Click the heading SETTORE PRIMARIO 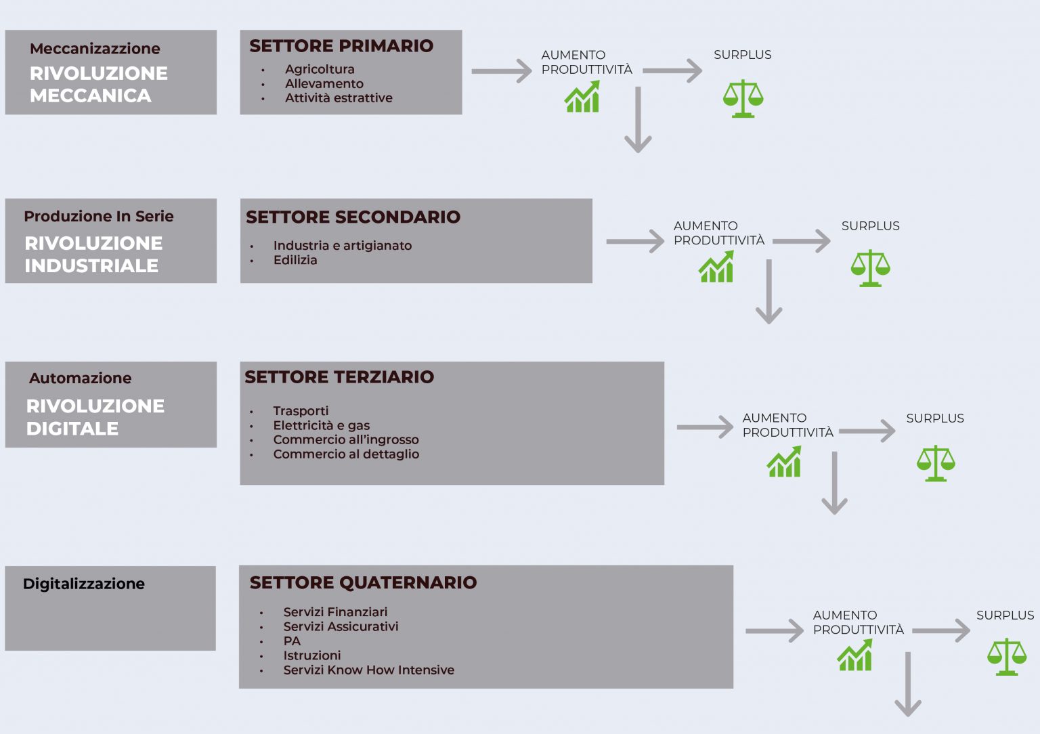pos(341,46)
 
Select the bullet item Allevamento pos(324,83)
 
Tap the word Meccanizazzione pos(95,48)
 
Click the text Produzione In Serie pos(98,217)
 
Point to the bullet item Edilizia pos(295,260)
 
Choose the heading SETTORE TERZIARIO pos(339,377)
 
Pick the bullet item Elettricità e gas pos(322,425)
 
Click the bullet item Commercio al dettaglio pos(346,454)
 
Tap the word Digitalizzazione pos(83,584)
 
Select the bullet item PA pos(292,641)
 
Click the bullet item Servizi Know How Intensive pos(368,670)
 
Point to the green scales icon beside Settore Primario pos(743,98)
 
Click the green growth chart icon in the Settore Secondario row pos(716,267)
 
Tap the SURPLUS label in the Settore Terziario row pos(935,418)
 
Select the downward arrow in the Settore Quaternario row pos(908,684)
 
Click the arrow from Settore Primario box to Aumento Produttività pos(502,71)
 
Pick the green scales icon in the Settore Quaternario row pos(1007,656)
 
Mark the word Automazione pos(81,379)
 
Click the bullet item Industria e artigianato pos(343,246)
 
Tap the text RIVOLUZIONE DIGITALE pos(95,417)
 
